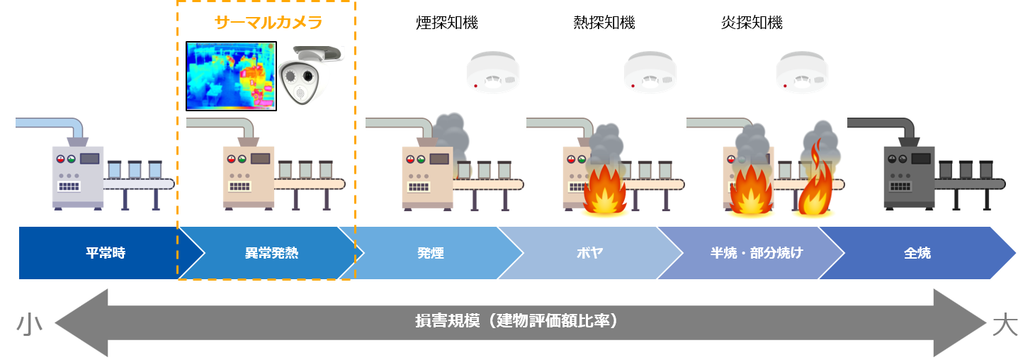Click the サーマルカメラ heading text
pyautogui.click(x=268, y=23)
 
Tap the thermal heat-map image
pyautogui.click(x=230, y=77)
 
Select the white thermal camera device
pyautogui.click(x=309, y=77)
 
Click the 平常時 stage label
pyautogui.click(x=106, y=253)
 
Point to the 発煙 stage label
pyautogui.click(x=430, y=253)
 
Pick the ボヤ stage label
pyautogui.click(x=590, y=253)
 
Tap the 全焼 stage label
pyautogui.click(x=917, y=253)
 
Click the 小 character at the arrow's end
pyautogui.click(x=29, y=325)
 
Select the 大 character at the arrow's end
pyautogui.click(x=1005, y=325)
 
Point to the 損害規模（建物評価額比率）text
pyautogui.click(x=517, y=321)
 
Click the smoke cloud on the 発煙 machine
pyautogui.click(x=450, y=135)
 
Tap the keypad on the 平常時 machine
pyautogui.click(x=68, y=186)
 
